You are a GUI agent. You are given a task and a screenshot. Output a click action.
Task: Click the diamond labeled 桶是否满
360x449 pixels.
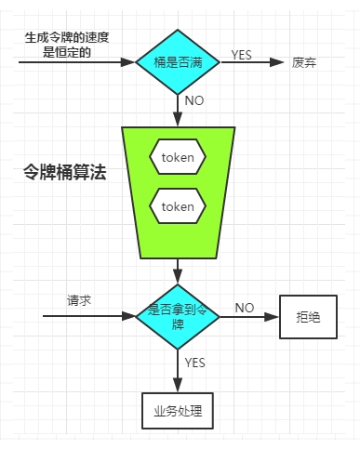[x=177, y=63]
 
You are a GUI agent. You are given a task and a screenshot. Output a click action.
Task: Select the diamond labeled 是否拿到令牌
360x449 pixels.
[x=177, y=315]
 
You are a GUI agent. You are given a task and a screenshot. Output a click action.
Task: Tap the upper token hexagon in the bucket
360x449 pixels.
[x=177, y=157]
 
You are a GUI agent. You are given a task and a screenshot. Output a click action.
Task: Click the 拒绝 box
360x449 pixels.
[x=308, y=318]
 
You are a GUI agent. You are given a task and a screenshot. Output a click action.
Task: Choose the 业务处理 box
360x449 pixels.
[x=177, y=410]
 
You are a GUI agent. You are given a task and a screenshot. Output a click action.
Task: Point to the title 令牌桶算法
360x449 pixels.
[x=64, y=173]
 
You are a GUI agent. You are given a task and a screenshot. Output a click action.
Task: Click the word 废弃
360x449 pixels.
[x=304, y=63]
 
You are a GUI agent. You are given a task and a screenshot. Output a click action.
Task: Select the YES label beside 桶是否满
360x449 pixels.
[x=241, y=55]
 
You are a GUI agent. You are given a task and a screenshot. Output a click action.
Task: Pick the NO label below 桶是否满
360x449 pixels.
[x=194, y=100]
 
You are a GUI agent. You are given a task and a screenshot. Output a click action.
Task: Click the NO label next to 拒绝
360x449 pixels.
[x=245, y=308]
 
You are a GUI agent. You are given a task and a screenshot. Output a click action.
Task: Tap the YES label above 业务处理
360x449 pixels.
[x=195, y=361]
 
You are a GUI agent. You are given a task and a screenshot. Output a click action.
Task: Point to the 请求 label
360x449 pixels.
[x=79, y=301]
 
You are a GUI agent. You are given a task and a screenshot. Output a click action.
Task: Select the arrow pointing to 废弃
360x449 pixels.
[x=251, y=63]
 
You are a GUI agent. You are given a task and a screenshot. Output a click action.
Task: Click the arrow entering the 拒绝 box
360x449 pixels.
[x=249, y=316]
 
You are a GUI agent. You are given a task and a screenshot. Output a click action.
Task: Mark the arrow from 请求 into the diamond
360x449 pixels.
[x=88, y=316]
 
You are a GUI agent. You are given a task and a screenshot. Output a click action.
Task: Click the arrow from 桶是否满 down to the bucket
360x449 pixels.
[x=177, y=110]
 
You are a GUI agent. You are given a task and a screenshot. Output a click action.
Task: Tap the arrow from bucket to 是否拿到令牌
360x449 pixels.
[x=177, y=271]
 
